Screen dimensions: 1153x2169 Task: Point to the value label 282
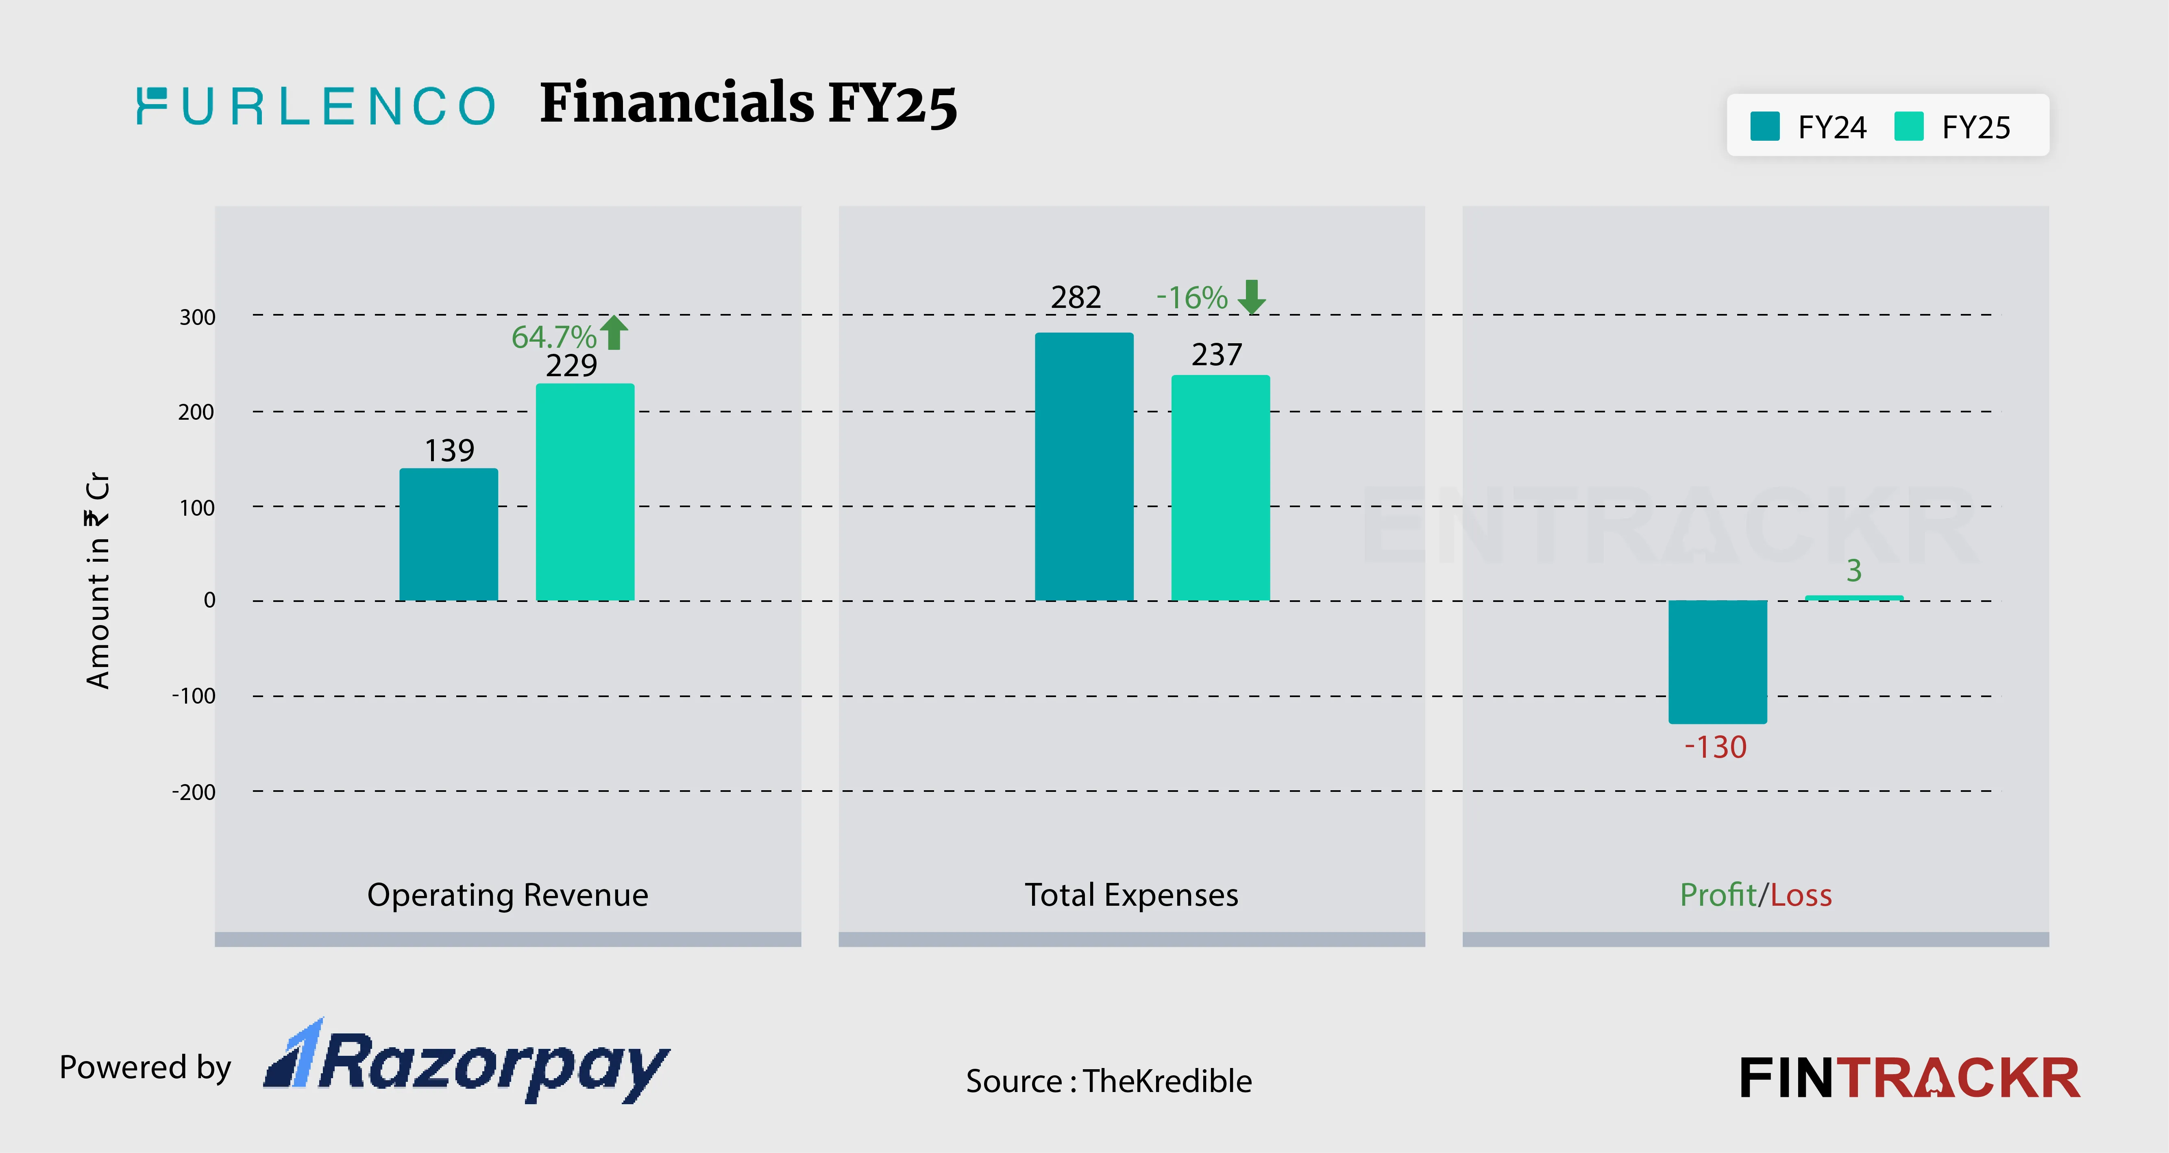click(x=1075, y=297)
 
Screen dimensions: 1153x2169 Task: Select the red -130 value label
click(x=1715, y=747)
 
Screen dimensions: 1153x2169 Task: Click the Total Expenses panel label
click(x=1131, y=894)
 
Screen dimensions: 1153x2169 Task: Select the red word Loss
click(x=1801, y=894)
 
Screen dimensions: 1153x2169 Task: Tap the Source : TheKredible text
click(x=1108, y=1081)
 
